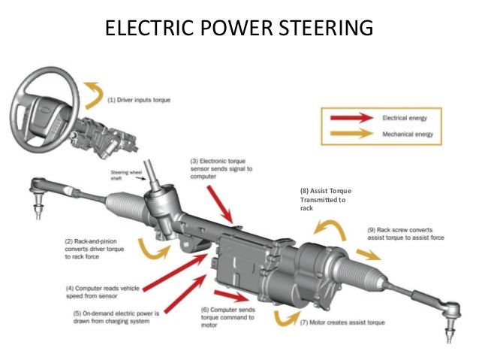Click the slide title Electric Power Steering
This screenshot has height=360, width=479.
tap(239, 29)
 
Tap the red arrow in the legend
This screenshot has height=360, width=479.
tap(350, 118)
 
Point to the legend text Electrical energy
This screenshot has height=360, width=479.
tap(410, 118)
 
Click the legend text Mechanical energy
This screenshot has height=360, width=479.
tap(411, 136)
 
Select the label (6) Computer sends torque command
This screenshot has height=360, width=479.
tap(229, 316)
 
